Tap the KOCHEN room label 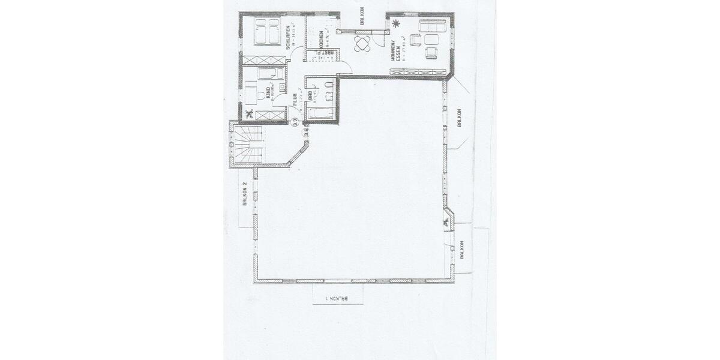pos(322,40)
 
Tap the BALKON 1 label pos(337,298)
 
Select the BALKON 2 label pos(245,194)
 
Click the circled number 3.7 pos(295,123)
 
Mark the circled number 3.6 pos(306,134)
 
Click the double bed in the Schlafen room pos(266,31)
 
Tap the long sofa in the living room pos(432,27)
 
